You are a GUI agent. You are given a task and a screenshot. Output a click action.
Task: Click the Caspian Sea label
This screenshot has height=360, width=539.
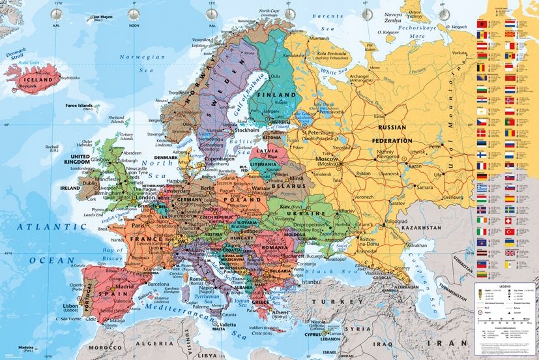[450, 284]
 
